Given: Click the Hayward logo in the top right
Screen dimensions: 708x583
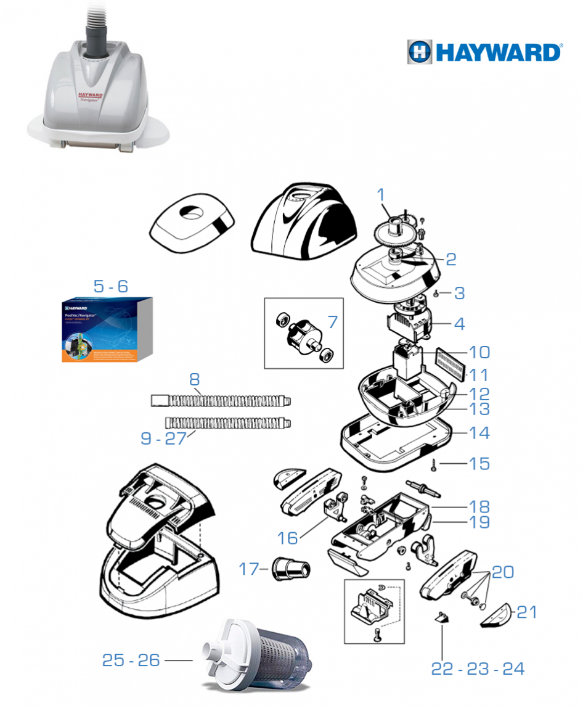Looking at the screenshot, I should pos(484,52).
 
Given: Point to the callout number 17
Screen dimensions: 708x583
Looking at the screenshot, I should pos(250,569).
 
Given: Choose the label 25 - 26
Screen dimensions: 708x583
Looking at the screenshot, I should pos(131,661).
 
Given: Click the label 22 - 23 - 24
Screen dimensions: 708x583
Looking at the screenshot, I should pos(478,669).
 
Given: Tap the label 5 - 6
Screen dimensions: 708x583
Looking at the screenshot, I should pos(110,286).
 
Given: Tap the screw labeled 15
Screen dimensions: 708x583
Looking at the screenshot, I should pos(436,464).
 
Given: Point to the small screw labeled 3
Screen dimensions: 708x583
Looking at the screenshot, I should pos(436,294).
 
